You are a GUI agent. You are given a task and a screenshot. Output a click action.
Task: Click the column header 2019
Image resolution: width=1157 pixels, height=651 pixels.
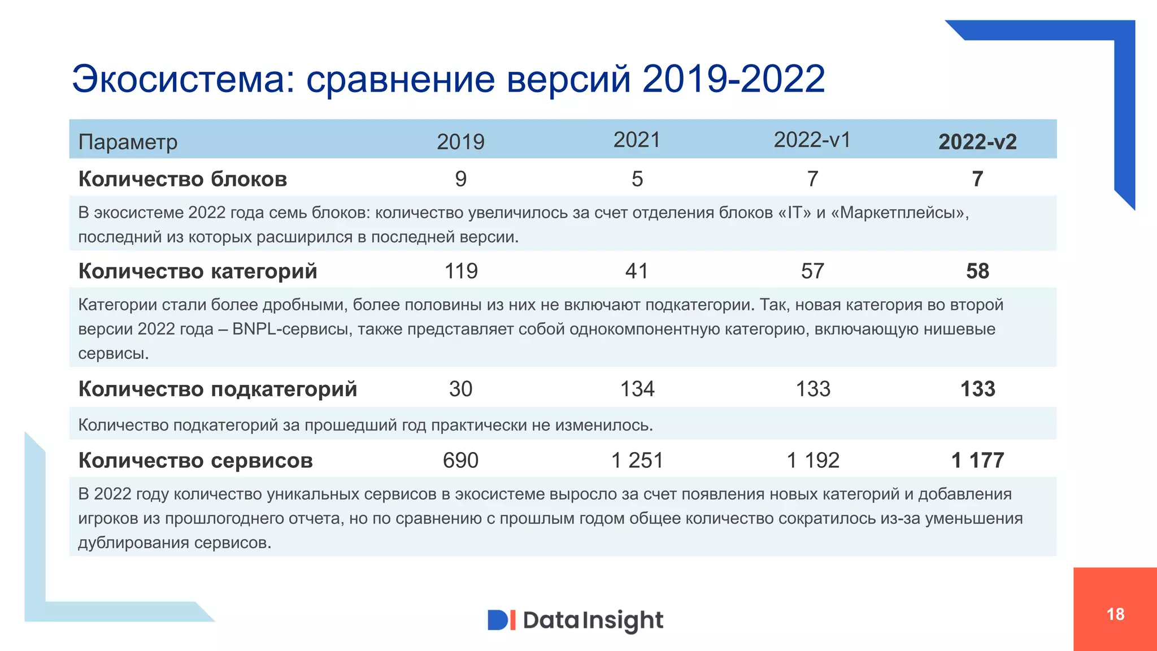click(460, 142)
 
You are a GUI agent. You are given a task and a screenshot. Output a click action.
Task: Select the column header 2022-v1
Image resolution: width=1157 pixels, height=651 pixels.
click(812, 140)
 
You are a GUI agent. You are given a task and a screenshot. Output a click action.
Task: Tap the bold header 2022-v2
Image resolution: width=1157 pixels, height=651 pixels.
click(977, 142)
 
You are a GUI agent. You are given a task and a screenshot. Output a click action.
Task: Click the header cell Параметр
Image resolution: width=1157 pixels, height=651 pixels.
click(128, 142)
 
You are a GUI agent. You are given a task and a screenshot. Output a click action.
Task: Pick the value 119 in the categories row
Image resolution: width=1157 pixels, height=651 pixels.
click(461, 271)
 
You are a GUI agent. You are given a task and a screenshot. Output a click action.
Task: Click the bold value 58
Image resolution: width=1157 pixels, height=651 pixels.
click(977, 271)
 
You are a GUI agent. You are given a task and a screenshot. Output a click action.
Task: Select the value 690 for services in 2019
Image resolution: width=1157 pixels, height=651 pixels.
click(460, 461)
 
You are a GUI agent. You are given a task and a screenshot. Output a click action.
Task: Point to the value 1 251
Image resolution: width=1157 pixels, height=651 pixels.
click(637, 461)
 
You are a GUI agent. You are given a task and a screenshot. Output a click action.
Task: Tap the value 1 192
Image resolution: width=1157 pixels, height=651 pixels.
click(813, 461)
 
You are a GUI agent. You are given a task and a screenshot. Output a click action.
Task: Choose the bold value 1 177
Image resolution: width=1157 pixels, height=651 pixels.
click(977, 461)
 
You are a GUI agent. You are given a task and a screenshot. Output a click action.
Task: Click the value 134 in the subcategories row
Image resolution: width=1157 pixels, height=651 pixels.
click(637, 389)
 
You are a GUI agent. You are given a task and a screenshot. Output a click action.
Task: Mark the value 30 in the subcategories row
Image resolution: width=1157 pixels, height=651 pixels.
click(460, 389)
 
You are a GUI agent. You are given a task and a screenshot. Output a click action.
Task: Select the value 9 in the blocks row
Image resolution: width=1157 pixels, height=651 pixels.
click(460, 179)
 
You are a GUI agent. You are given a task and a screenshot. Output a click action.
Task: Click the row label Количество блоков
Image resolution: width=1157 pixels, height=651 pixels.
click(182, 179)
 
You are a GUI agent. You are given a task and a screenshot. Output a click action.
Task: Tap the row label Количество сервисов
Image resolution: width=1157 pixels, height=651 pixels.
click(195, 461)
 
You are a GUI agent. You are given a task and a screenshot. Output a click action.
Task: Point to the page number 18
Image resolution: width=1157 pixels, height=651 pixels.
click(1115, 614)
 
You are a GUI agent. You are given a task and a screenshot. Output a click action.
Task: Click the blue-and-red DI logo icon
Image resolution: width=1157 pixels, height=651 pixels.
click(501, 620)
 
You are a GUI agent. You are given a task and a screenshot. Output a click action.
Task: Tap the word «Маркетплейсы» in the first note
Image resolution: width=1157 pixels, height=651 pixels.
click(900, 212)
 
